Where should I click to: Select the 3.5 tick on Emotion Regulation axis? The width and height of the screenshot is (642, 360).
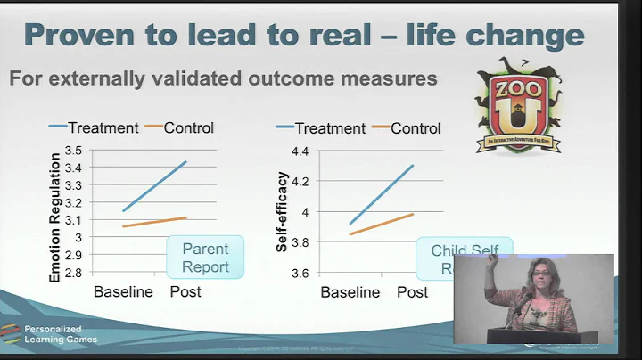pos(74,151)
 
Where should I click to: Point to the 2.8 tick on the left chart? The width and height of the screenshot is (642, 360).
pos(74,273)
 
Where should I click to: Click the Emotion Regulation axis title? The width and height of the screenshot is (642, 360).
pos(54,217)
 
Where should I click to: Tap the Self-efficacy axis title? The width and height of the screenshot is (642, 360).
pos(282,212)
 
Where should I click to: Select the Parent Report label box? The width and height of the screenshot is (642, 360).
pos(205,258)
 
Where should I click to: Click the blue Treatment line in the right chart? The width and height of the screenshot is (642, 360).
pos(382,193)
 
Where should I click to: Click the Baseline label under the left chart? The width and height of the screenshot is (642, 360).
pos(124,291)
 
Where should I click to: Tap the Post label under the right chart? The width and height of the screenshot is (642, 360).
pos(412,291)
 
